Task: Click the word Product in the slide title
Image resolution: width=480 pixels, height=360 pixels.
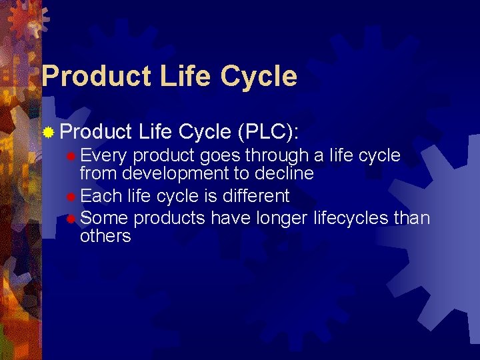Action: pyautogui.click(x=96, y=76)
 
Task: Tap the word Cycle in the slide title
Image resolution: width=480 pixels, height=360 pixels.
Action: pyautogui.click(x=256, y=76)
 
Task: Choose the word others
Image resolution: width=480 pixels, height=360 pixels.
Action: pyautogui.click(x=105, y=236)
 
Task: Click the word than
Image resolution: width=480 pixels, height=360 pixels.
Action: pyautogui.click(x=411, y=217)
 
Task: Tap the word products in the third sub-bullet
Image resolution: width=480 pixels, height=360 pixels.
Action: pyautogui.click(x=170, y=218)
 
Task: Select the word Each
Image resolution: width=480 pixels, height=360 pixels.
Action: pyautogui.click(x=102, y=196)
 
